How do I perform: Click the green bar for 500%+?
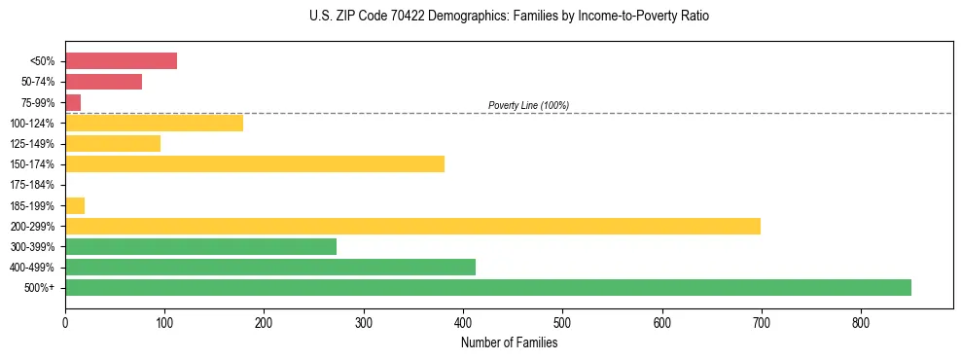click(487, 287)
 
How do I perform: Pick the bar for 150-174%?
click(254, 163)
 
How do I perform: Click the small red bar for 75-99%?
click(73, 102)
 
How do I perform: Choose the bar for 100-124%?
click(154, 123)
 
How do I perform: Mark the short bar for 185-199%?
click(75, 205)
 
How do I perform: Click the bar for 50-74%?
click(103, 82)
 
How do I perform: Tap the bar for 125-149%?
click(113, 143)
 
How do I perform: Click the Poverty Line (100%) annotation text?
click(528, 105)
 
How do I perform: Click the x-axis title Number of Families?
click(509, 342)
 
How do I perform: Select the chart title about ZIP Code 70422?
click(509, 17)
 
